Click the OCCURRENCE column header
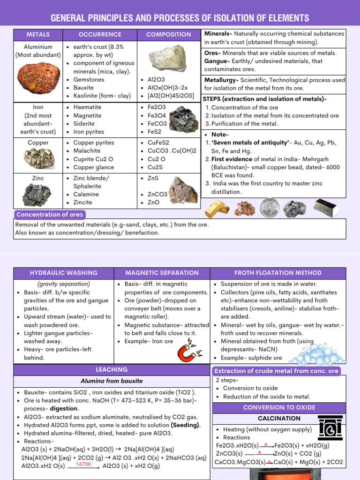point(100,35)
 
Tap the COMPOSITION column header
point(169,35)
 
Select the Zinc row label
point(38,178)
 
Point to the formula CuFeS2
point(158,142)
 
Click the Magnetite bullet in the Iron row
point(87,115)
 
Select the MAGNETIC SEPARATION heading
point(162,273)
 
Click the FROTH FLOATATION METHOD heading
point(278,273)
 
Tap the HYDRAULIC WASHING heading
point(64,273)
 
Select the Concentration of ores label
point(50,215)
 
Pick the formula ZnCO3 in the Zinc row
point(157,194)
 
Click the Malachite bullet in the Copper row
point(89,150)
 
